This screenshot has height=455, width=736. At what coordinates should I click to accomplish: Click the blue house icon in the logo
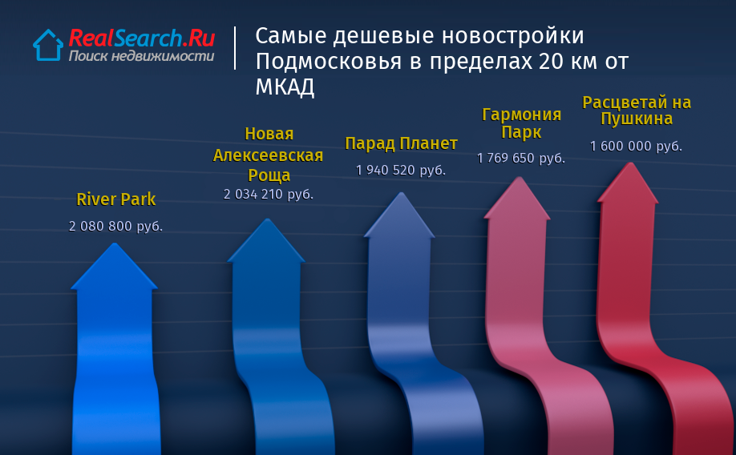tap(48, 45)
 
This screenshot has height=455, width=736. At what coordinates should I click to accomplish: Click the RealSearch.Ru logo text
tap(142, 38)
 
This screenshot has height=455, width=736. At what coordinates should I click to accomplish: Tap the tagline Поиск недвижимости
tap(141, 56)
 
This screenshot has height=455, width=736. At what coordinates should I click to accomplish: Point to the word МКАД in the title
tap(285, 87)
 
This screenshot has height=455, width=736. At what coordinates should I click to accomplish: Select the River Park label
tap(116, 199)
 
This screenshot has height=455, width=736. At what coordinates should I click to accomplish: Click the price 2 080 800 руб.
tap(115, 226)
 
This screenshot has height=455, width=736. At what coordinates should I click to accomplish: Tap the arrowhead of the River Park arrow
tap(114, 266)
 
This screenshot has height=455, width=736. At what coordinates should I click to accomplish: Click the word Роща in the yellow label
tap(269, 175)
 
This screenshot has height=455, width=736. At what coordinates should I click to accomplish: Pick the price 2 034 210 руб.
tap(268, 194)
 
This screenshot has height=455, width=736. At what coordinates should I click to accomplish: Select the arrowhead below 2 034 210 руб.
tap(267, 240)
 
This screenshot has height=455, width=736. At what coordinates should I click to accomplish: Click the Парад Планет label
tap(402, 143)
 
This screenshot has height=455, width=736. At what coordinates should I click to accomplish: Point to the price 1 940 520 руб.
tap(400, 170)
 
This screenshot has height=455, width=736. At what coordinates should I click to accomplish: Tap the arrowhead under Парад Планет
tap(400, 215)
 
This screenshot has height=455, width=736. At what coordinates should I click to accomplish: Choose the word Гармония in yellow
tap(521, 115)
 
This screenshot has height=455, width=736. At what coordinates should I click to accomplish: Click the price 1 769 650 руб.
tap(520, 158)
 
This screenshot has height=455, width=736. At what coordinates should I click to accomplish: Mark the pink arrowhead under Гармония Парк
tap(518, 198)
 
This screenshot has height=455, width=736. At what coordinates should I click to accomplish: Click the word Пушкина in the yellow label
tap(637, 119)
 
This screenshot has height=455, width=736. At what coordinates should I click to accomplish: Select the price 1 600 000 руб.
tap(636, 147)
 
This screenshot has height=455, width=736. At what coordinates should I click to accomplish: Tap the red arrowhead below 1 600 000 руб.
tap(629, 183)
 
